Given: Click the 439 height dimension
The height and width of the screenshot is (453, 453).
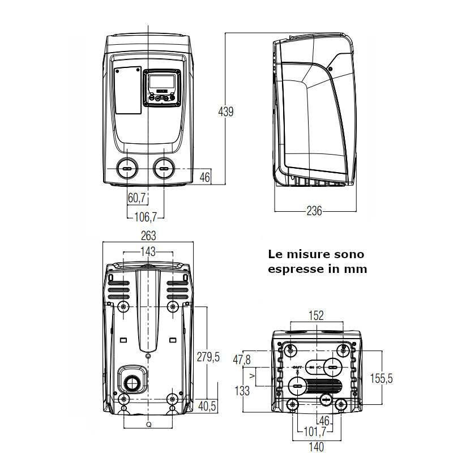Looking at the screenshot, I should coord(226,112).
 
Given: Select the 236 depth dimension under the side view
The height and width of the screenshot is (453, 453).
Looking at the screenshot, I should coord(314,211).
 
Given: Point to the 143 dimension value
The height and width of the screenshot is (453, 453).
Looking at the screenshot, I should coord(148,251).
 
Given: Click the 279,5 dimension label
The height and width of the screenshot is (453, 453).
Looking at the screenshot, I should coord(208,357).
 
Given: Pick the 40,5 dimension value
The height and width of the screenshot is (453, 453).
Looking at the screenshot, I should coord(208,405).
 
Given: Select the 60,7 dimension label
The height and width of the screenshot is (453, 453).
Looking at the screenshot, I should coord(136,198).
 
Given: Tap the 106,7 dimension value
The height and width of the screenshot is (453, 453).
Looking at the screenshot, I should coord(146,215).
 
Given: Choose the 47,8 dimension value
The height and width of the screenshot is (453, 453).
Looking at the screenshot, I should coord(241,359).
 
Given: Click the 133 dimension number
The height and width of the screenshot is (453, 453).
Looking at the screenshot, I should coord(242,391).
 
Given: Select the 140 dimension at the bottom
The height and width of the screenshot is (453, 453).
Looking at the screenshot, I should coord(317,447).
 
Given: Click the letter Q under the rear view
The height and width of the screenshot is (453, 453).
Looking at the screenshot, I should coord(148,424).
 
